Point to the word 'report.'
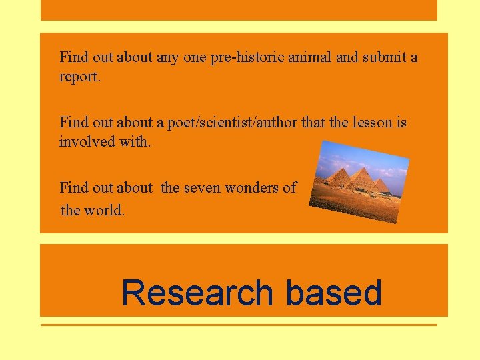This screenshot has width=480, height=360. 80,77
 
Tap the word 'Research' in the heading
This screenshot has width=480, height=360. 197,293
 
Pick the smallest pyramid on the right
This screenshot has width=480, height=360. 381,185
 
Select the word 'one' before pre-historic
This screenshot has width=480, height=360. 195,57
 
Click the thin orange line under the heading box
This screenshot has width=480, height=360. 239,325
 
